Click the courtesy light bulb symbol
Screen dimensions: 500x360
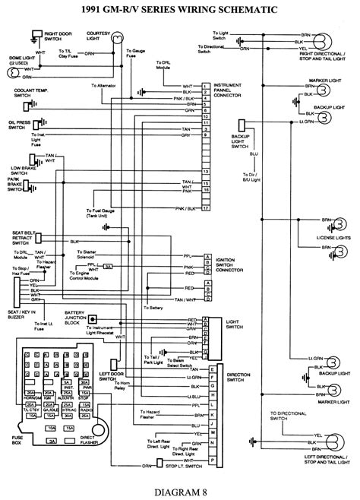(x=117, y=54)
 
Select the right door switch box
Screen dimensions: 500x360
(x=34, y=36)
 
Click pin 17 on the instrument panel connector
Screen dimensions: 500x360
(x=206, y=207)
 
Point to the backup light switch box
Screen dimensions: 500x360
(x=242, y=125)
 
